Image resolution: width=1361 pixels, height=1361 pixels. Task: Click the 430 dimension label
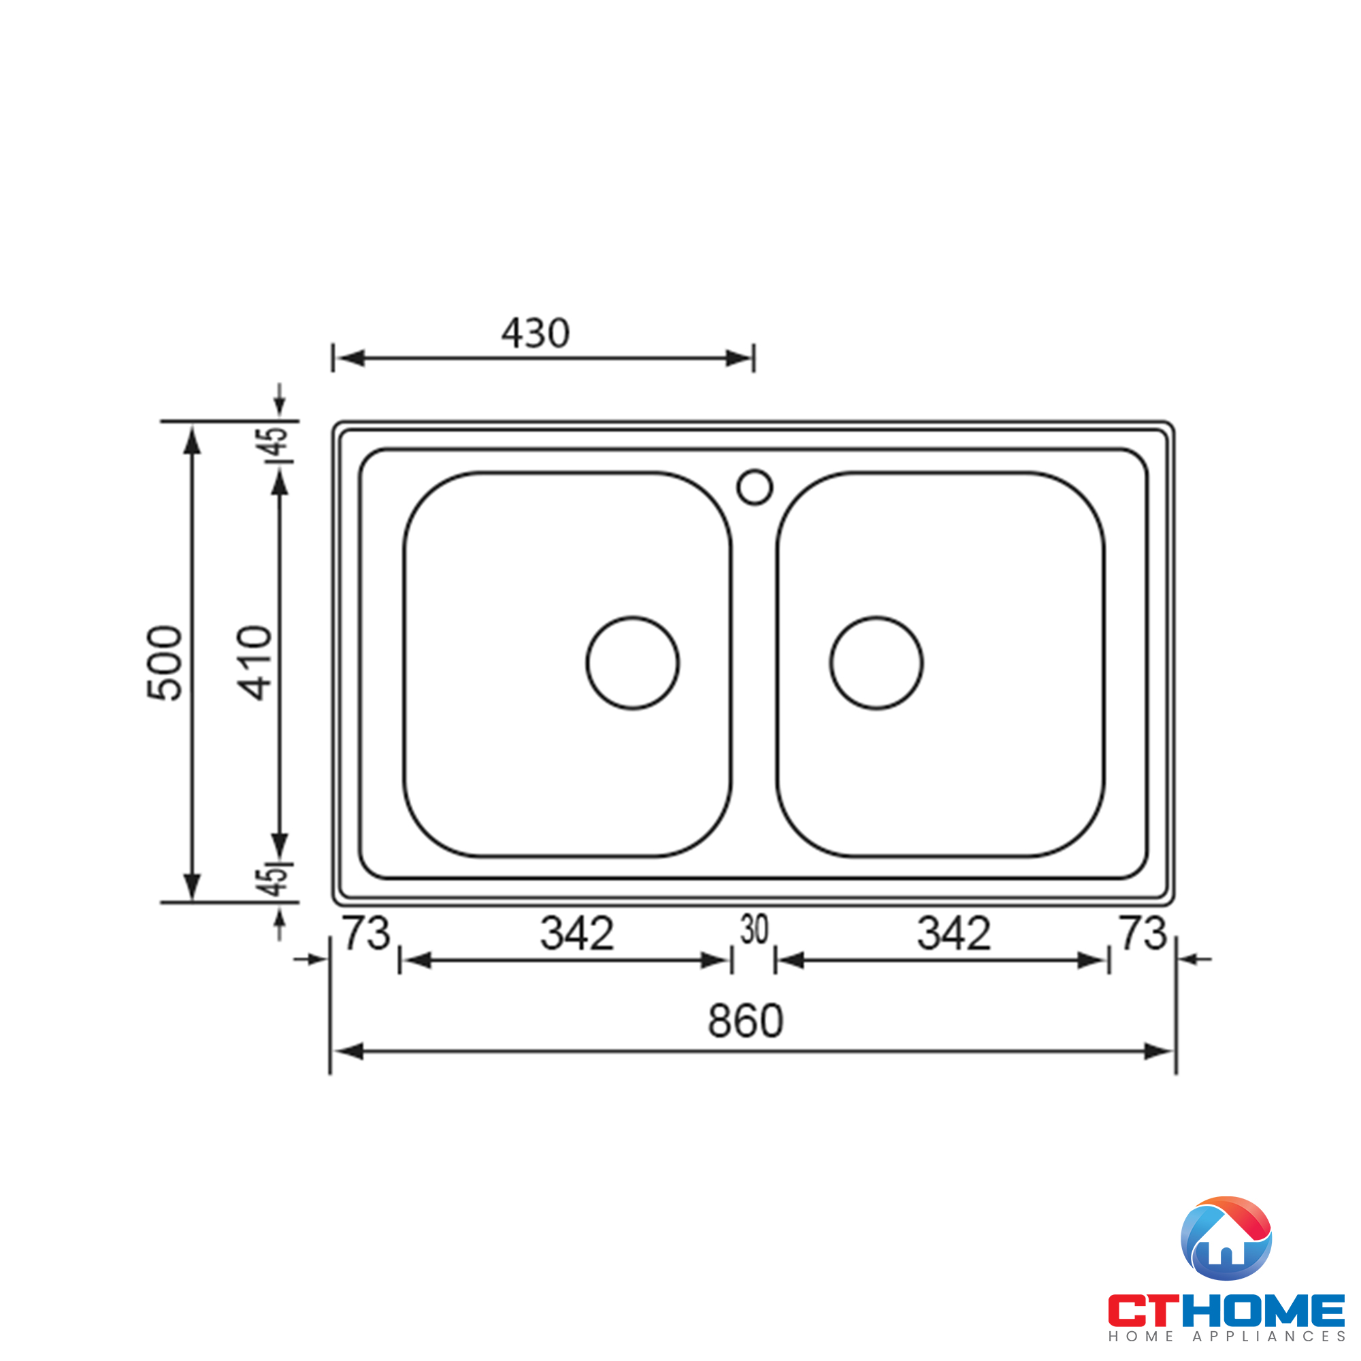coord(536,333)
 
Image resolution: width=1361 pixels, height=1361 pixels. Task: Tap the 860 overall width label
coord(745,1021)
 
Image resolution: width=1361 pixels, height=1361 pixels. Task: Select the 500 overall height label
coord(165,663)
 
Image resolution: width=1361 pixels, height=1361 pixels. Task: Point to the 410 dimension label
coord(255,663)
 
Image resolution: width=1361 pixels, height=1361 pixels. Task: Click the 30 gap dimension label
coord(754,929)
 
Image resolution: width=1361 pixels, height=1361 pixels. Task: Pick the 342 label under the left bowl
coord(577,934)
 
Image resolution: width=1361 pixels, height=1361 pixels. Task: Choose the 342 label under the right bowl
coord(954,934)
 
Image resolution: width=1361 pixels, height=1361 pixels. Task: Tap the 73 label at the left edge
coord(366,933)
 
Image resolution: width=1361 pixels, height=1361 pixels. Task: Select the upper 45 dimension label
coord(276,442)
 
